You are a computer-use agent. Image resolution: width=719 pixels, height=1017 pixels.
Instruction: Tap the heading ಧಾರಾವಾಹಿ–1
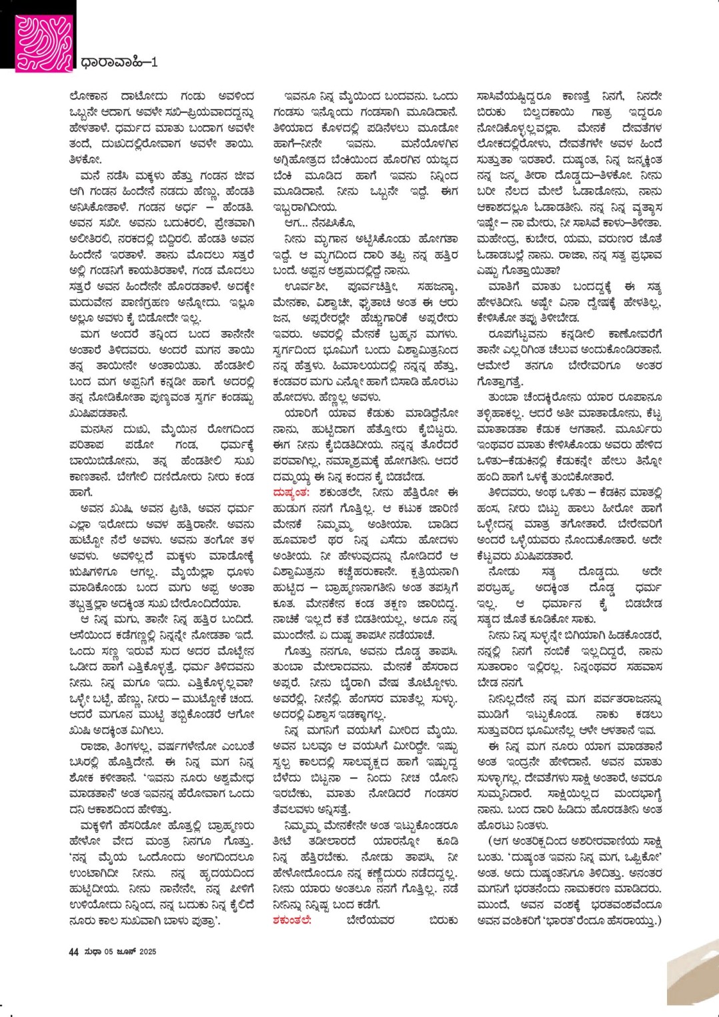[x=119, y=63]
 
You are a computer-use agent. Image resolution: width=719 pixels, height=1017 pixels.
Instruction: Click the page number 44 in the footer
[x=74, y=952]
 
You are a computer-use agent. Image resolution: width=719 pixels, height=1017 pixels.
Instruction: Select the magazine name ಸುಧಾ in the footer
[x=93, y=952]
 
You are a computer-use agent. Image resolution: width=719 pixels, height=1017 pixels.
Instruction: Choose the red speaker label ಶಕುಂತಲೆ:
[x=292, y=920]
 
